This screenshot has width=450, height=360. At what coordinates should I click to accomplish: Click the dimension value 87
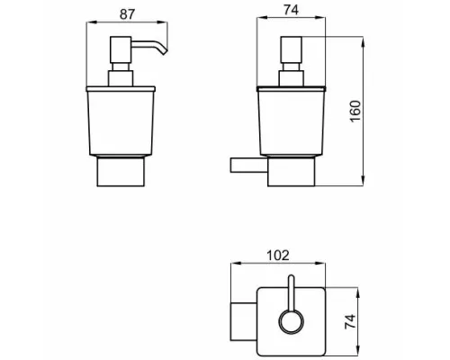128,14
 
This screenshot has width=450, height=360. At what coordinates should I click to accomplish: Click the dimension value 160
355,111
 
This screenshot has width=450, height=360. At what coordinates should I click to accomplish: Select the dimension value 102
278,256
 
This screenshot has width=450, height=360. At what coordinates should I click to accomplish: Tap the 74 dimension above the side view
291,10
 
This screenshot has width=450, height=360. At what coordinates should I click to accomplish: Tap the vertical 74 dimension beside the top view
350,321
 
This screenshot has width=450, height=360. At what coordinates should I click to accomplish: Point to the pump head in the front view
121,49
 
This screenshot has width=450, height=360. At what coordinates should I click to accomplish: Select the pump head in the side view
291,49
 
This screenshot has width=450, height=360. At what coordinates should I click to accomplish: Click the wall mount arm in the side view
249,165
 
